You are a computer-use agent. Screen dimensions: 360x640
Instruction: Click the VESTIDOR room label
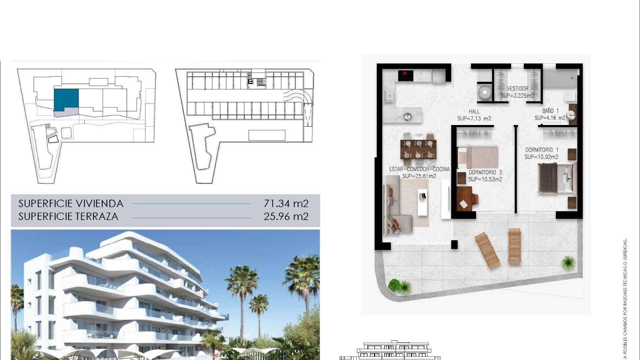point(517,89)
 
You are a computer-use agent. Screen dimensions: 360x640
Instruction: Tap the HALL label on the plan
point(474,112)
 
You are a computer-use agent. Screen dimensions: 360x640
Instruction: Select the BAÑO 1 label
point(550,111)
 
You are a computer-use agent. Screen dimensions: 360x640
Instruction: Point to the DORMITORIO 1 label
point(542,150)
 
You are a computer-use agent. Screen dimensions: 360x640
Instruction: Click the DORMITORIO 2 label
point(485,172)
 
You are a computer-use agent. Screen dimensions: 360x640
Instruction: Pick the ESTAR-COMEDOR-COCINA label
point(419,169)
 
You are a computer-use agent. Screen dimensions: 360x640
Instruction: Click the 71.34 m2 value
point(286,203)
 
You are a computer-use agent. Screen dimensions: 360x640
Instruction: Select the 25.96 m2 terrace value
point(286,217)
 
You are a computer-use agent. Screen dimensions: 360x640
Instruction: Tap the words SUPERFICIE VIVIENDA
point(71,203)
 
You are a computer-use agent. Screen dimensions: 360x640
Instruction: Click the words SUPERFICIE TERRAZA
point(68,217)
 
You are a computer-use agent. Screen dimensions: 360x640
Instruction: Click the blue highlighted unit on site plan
point(66,99)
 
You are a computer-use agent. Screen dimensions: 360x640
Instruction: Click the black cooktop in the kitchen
point(406,76)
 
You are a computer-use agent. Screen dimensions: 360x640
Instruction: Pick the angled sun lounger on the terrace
point(487,250)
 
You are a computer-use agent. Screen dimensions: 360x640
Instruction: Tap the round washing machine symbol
point(484,93)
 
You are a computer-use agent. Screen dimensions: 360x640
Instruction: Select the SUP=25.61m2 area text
point(419,176)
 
